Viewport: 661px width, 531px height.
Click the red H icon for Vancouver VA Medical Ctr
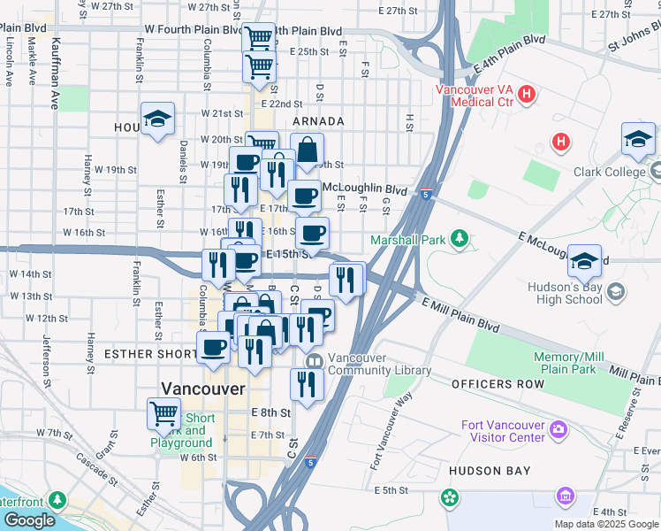[x=527, y=94]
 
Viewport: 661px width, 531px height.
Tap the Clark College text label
[x=611, y=172]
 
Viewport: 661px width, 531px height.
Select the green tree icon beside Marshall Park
[x=459, y=238]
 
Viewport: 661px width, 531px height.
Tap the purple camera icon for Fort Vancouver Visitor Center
[x=558, y=430]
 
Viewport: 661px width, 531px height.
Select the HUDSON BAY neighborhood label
[x=487, y=472]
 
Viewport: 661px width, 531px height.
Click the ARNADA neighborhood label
[x=318, y=121]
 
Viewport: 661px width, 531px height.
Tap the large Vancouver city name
[x=203, y=388]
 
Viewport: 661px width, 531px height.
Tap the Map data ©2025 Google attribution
[x=606, y=524]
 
